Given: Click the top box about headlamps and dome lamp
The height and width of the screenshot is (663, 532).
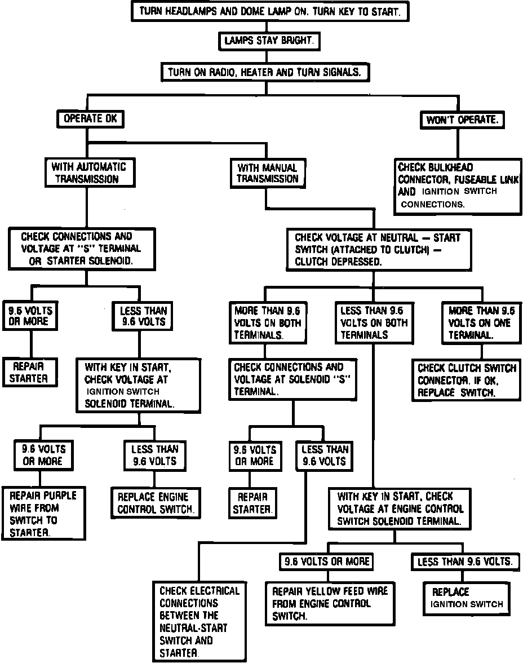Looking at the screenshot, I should click(x=269, y=12).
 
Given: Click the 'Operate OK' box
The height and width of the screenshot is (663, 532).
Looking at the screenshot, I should click(x=90, y=119).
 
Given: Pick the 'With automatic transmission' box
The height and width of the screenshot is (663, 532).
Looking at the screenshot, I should click(x=89, y=173).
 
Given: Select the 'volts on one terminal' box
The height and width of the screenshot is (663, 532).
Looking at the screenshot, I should click(x=482, y=322).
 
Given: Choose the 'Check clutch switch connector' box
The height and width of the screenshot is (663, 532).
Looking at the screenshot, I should click(x=466, y=381).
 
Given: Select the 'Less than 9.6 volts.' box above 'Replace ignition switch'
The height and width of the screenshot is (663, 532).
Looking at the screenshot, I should click(x=464, y=562).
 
